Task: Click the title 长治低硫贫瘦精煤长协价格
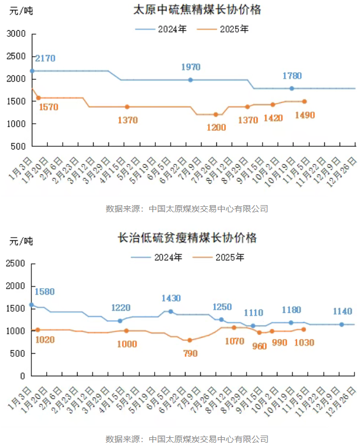(187, 238)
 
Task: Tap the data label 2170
(45, 58)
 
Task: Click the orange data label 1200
(216, 128)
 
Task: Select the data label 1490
(307, 115)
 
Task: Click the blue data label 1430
(171, 298)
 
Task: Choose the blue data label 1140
(342, 311)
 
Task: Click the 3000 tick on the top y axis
(17, 34)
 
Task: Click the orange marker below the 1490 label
(304, 101)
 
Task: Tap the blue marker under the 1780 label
(292, 88)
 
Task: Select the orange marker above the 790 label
(190, 340)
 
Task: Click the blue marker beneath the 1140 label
(341, 324)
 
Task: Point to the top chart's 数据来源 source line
(187, 208)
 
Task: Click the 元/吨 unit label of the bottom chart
(21, 241)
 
